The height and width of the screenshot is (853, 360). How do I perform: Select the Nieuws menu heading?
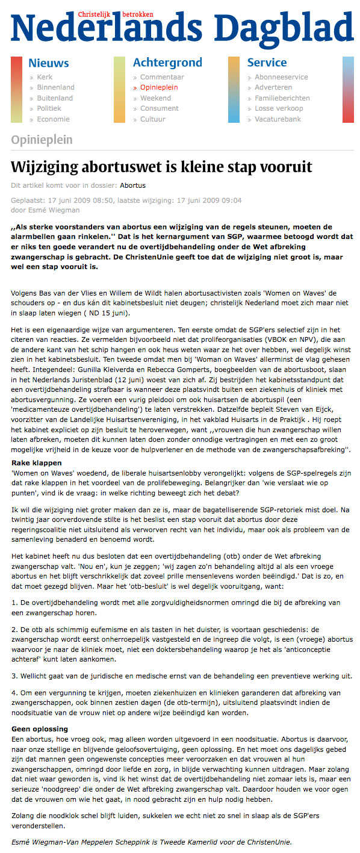(x=49, y=63)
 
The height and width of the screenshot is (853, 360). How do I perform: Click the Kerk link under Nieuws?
(x=45, y=77)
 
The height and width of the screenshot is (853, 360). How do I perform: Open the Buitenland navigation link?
(x=55, y=98)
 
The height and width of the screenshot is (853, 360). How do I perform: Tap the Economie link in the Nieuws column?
(x=53, y=119)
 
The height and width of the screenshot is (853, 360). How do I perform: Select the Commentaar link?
(x=162, y=77)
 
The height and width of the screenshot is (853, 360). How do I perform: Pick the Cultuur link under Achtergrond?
(x=152, y=119)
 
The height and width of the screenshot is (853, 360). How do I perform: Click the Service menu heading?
(x=267, y=63)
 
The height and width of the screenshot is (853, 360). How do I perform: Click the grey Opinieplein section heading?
(x=42, y=140)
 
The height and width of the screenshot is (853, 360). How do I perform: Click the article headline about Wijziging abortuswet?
(x=161, y=167)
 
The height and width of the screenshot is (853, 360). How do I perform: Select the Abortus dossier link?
(x=132, y=185)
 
